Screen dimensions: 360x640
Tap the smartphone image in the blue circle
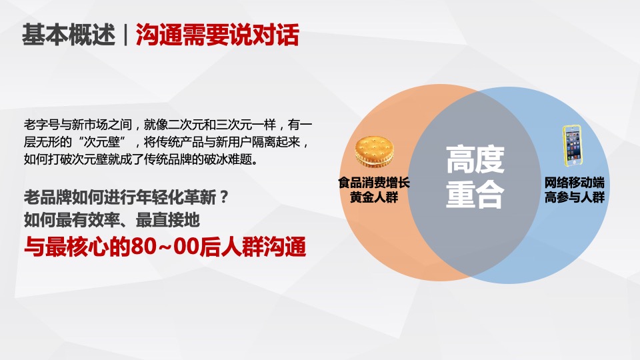[x=573, y=145]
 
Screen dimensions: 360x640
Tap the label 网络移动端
[x=574, y=181]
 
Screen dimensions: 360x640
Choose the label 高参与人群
[x=574, y=197]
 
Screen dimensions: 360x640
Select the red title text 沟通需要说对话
[x=217, y=35]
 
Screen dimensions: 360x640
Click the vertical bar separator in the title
[x=125, y=35]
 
